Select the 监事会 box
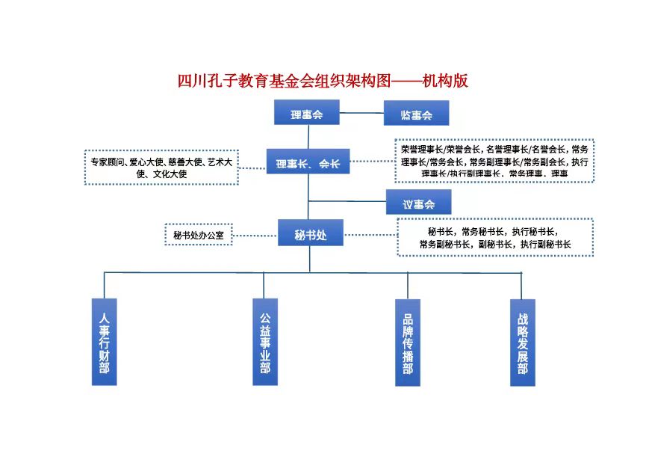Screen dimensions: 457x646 [417, 114]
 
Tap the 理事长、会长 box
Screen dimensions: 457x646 [308, 162]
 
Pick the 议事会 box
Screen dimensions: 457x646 [417, 202]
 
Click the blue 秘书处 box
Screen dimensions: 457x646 [311, 233]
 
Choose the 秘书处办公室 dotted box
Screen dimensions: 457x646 [199, 234]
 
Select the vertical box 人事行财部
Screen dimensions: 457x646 [105, 342]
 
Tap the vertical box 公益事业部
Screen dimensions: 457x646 [264, 342]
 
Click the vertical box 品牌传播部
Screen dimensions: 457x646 [408, 342]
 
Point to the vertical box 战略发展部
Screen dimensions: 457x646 [522, 342]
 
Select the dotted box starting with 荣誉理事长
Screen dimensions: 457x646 [494, 160]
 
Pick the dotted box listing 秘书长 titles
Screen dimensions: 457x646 [495, 237]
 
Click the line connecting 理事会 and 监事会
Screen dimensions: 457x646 [361, 114]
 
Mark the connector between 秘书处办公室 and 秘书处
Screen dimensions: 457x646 [255, 234]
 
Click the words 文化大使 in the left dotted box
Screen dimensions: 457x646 [170, 174]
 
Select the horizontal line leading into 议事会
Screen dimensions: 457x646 [347, 200]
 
